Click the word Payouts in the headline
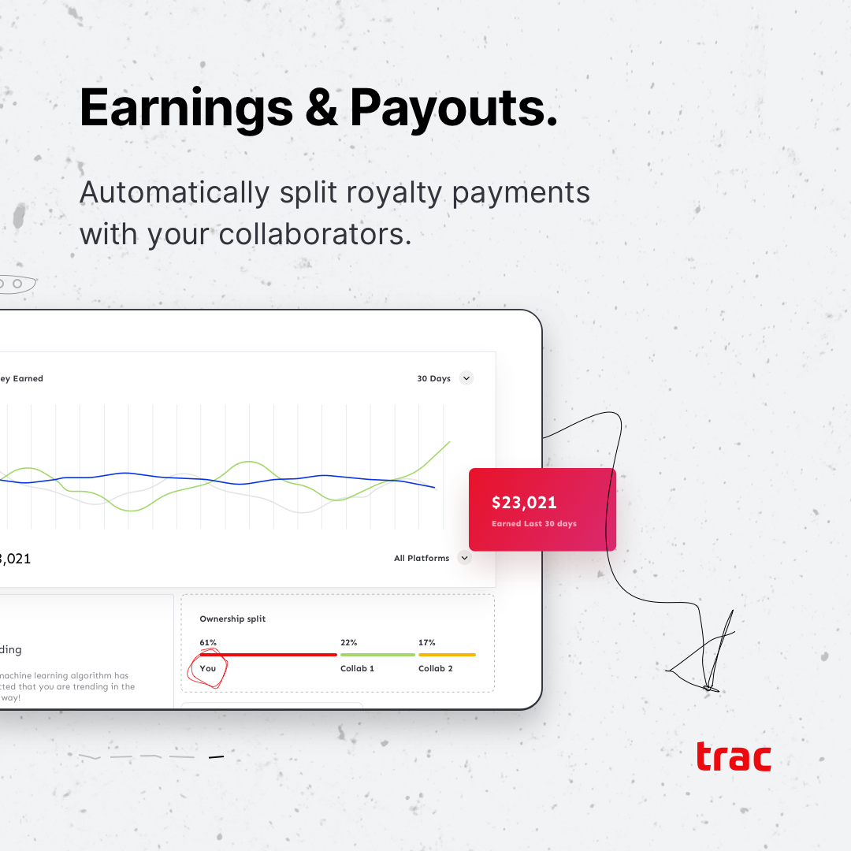pos(453,108)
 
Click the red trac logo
pos(733,757)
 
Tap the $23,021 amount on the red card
pos(524,503)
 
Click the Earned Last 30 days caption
pos(533,524)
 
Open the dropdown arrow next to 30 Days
pos(466,378)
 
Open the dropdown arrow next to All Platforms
pos(464,558)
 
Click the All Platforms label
pos(422,558)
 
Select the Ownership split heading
pos(232,619)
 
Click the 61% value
pos(208,643)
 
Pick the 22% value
pos(348,643)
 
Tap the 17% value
pos(426,643)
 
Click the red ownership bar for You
pos(268,654)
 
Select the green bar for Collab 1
pos(377,654)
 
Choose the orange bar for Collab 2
pos(447,654)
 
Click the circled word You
pos(208,668)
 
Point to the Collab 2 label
pos(435,668)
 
